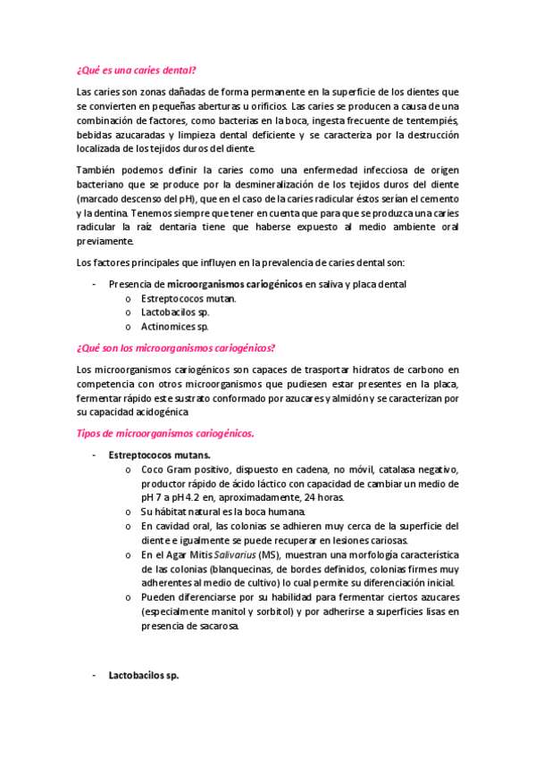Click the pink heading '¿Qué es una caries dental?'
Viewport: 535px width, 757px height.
coord(137,69)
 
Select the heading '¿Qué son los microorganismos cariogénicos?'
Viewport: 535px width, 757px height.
coord(176,348)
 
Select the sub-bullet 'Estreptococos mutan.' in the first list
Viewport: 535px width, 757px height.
coord(188,298)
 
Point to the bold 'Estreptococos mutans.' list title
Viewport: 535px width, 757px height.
coord(159,454)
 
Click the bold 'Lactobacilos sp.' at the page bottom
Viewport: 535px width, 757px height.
coord(144,676)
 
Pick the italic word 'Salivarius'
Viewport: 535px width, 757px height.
coord(229,554)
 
